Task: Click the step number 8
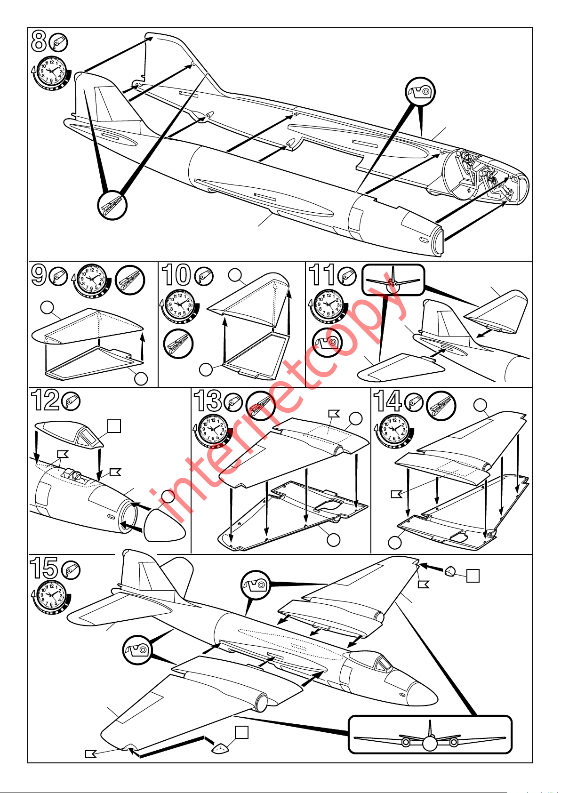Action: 39,41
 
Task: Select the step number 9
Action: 39,275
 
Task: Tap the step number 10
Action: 176,275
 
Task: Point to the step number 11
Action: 321,275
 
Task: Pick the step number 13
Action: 208,401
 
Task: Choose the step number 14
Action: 387,401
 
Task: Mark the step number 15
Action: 44,568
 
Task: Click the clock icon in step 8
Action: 52,72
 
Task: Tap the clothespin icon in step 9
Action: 130,280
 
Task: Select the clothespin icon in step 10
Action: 178,344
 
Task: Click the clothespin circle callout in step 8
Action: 112,205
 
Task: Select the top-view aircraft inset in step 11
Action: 393,280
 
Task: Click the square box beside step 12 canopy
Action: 114,426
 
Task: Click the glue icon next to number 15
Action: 71,570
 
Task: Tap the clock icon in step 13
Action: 213,430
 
